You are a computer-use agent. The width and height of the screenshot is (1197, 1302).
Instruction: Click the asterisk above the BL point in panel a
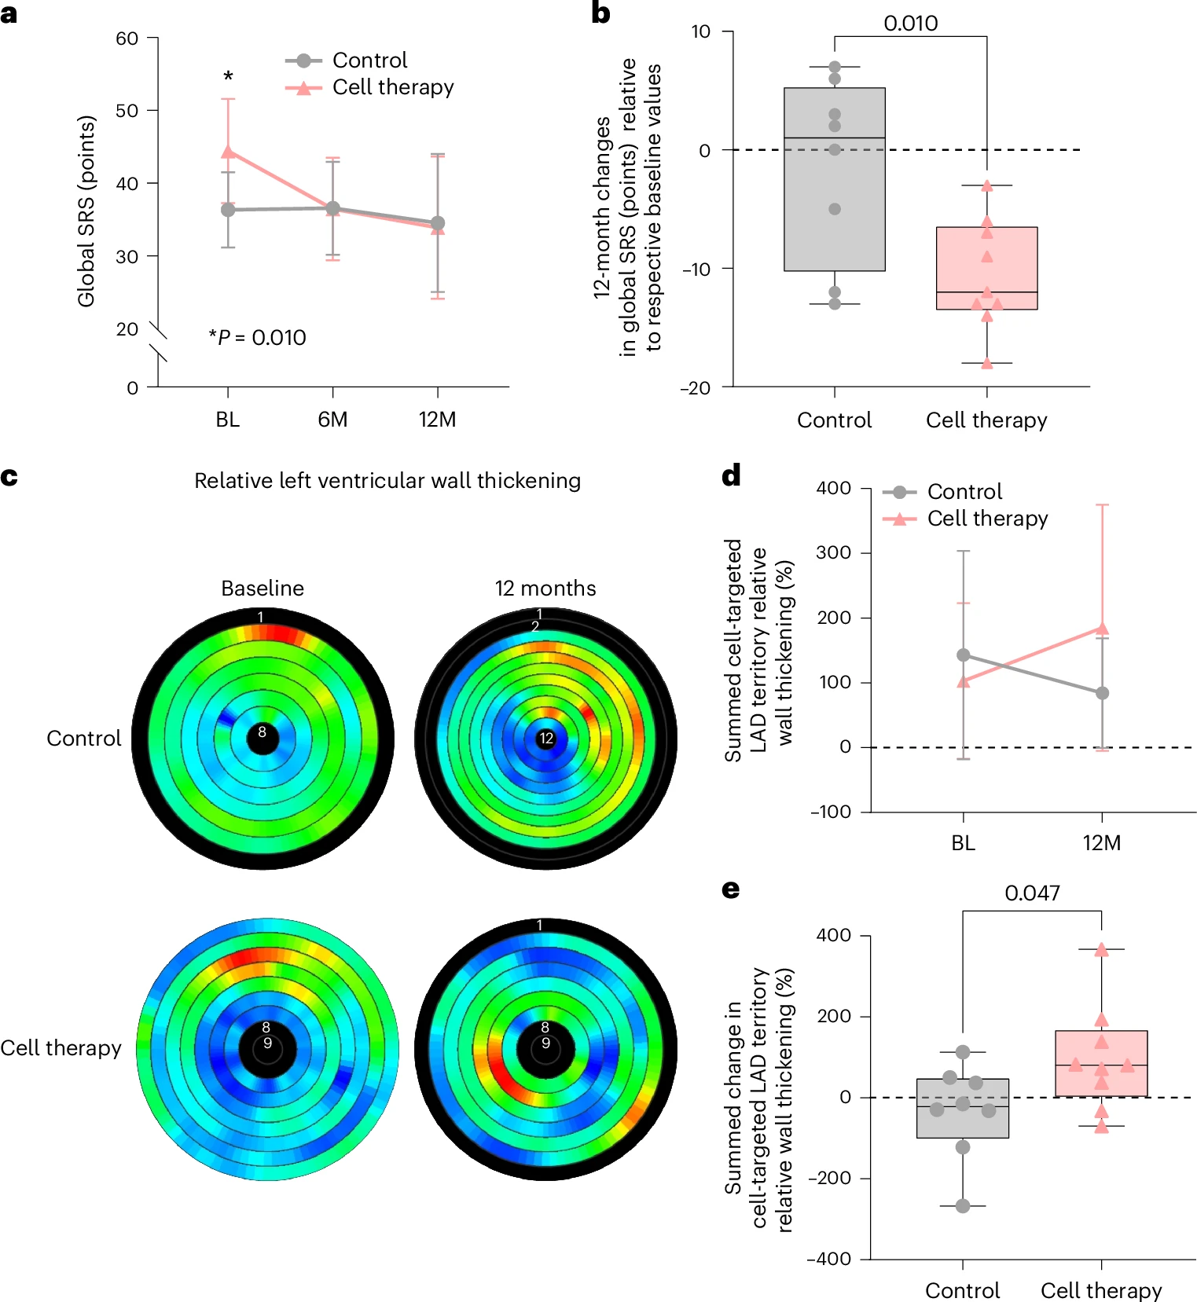(x=228, y=76)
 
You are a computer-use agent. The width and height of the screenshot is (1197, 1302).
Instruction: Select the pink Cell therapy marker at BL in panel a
(x=228, y=151)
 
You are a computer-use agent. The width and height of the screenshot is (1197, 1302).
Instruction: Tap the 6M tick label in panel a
(x=332, y=420)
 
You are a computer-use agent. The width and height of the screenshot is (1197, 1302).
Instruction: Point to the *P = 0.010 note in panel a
(x=257, y=338)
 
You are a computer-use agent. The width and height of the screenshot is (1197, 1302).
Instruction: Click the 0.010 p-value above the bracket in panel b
(x=911, y=24)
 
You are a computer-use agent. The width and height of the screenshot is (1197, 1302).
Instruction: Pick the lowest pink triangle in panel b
(x=987, y=363)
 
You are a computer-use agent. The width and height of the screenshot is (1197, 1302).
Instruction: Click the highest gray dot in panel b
(x=835, y=68)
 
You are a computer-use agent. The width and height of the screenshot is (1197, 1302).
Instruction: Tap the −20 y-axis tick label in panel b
(x=696, y=387)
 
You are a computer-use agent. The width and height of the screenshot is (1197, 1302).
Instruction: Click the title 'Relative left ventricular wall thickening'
(x=387, y=481)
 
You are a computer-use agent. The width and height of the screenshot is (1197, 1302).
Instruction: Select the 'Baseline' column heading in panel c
(x=263, y=589)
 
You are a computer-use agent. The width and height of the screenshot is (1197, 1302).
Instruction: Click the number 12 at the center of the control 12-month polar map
(x=546, y=739)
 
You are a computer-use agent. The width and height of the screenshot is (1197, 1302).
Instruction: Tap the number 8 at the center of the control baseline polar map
(x=263, y=732)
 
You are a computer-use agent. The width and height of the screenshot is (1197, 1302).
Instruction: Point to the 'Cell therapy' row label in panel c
(x=61, y=1048)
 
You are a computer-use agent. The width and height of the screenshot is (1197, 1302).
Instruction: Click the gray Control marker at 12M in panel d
(x=1102, y=693)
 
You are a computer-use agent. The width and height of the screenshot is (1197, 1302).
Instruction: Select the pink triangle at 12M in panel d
(x=1102, y=628)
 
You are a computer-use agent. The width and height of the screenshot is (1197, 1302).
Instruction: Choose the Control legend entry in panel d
(x=942, y=492)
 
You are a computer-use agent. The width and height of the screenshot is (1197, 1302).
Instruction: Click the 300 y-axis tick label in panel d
(x=834, y=552)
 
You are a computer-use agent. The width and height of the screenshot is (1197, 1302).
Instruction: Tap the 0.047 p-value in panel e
(x=1032, y=893)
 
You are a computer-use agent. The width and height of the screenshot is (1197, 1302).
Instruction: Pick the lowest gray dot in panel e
(x=963, y=1206)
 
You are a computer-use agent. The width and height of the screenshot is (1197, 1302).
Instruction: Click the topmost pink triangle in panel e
(x=1102, y=949)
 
